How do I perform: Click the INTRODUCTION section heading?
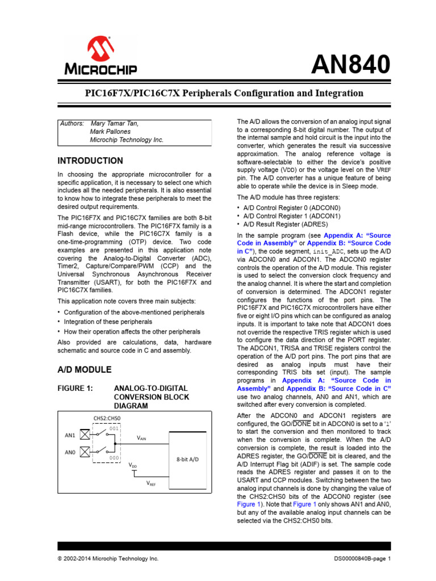(x=90, y=161)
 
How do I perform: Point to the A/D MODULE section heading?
(x=85, y=369)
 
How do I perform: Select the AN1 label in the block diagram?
(x=70, y=435)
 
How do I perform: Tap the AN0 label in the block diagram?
(x=70, y=452)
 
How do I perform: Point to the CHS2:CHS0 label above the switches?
(x=107, y=419)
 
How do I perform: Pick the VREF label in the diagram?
(x=151, y=484)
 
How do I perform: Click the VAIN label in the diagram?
(x=142, y=439)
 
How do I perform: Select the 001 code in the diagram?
(x=114, y=428)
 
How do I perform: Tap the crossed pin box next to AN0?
(x=85, y=452)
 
